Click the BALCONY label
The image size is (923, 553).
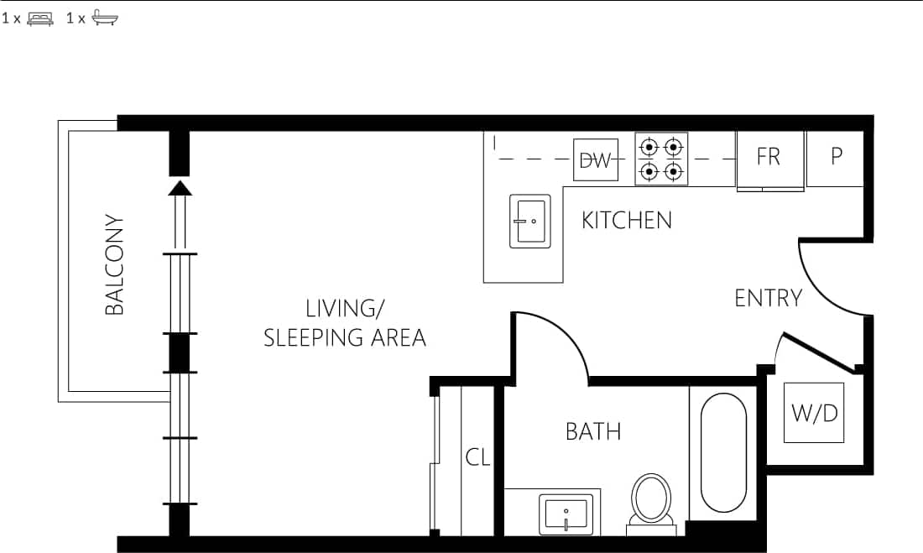(114, 265)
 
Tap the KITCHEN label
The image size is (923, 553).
(627, 221)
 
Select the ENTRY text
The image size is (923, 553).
(768, 298)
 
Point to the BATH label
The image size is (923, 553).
(593, 432)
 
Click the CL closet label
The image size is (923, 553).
(477, 458)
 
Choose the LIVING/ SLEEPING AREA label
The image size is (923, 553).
(345, 323)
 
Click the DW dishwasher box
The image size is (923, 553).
(596, 160)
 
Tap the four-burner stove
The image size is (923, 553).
(660, 159)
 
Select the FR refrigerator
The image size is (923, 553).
(769, 158)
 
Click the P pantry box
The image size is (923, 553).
(836, 158)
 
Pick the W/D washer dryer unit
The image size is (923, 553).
(815, 412)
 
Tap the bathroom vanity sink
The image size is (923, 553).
(566, 513)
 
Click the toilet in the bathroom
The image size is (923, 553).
(652, 502)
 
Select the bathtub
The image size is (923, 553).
(722, 453)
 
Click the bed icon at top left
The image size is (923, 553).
(40, 18)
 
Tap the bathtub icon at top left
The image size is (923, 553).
(106, 18)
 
